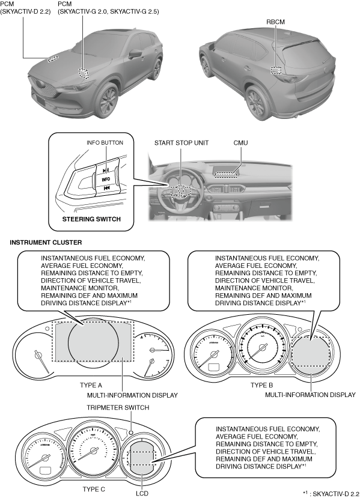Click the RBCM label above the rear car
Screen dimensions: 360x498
click(x=275, y=22)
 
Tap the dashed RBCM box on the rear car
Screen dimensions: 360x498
click(x=276, y=70)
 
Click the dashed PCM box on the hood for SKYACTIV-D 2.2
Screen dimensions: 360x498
click(x=53, y=59)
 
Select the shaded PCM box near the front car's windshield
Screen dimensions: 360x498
click(x=84, y=73)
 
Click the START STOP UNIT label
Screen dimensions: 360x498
click(x=182, y=143)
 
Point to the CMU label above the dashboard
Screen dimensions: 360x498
click(x=240, y=143)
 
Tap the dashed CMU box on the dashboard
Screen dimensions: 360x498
click(x=226, y=174)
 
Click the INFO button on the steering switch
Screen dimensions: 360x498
click(x=106, y=180)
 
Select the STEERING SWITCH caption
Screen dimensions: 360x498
click(x=91, y=219)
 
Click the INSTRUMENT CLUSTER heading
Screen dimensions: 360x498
click(x=46, y=242)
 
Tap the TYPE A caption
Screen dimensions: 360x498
click(x=91, y=385)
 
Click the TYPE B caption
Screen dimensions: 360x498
click(x=261, y=385)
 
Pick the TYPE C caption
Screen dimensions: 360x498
click(x=94, y=489)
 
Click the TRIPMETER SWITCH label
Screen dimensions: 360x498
click(x=118, y=407)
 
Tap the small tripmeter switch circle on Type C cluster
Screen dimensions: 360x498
click(x=131, y=432)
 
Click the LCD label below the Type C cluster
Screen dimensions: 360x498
click(x=142, y=493)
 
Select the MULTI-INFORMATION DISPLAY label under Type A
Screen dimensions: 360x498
click(x=132, y=395)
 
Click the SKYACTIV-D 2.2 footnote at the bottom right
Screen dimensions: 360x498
click(x=332, y=493)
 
